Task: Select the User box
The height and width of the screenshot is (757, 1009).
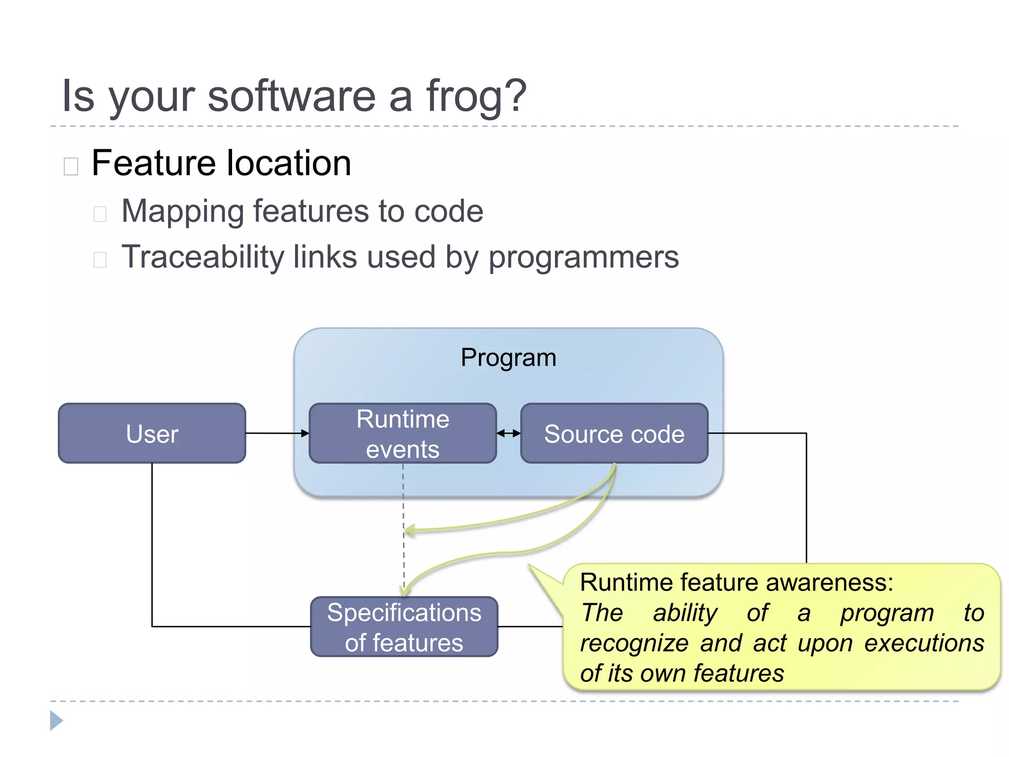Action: [x=152, y=434]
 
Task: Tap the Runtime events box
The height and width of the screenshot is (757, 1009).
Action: [x=403, y=434]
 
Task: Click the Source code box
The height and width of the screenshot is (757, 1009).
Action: [x=614, y=434]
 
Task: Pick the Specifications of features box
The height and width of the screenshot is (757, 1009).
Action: [x=404, y=627]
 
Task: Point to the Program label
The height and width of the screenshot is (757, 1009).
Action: [x=508, y=357]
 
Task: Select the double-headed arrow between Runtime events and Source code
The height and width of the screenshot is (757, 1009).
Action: [x=508, y=433]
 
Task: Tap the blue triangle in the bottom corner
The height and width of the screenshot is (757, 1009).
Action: [x=56, y=721]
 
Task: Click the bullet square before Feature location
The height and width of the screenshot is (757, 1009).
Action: [x=71, y=167]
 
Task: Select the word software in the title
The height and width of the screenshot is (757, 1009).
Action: [x=292, y=96]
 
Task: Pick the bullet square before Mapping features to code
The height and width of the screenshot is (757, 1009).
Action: [x=100, y=214]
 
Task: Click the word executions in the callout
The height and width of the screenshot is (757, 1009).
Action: [x=924, y=644]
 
